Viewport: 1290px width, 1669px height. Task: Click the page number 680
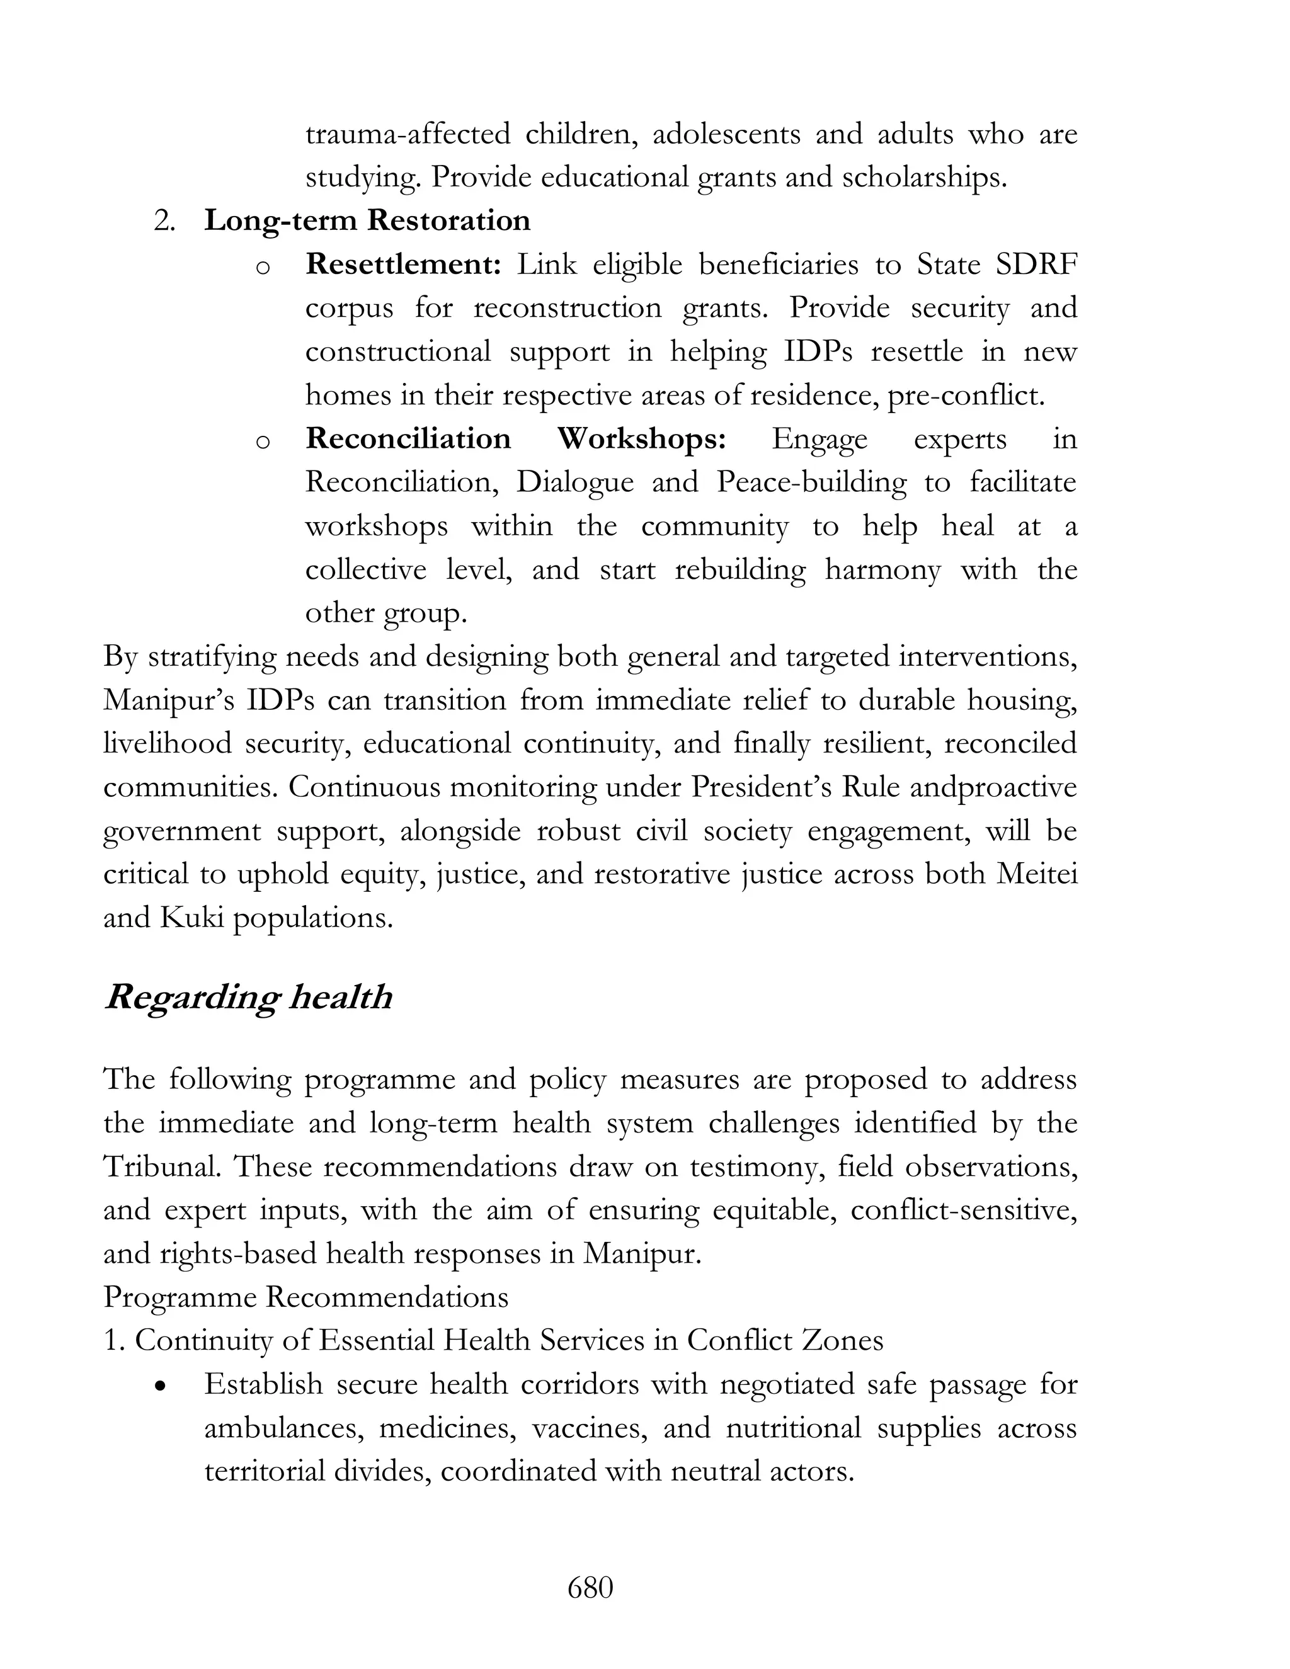[x=590, y=1588]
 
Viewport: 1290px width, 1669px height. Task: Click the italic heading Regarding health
[x=248, y=997]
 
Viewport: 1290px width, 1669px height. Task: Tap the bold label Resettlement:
[x=402, y=265]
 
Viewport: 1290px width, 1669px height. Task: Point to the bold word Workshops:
[x=641, y=438]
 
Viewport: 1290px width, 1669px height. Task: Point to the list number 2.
[x=165, y=221]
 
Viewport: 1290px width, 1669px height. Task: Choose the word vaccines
[x=589, y=1428]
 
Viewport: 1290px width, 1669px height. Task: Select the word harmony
[x=882, y=569]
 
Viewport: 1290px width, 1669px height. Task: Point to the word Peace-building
[x=811, y=482]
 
